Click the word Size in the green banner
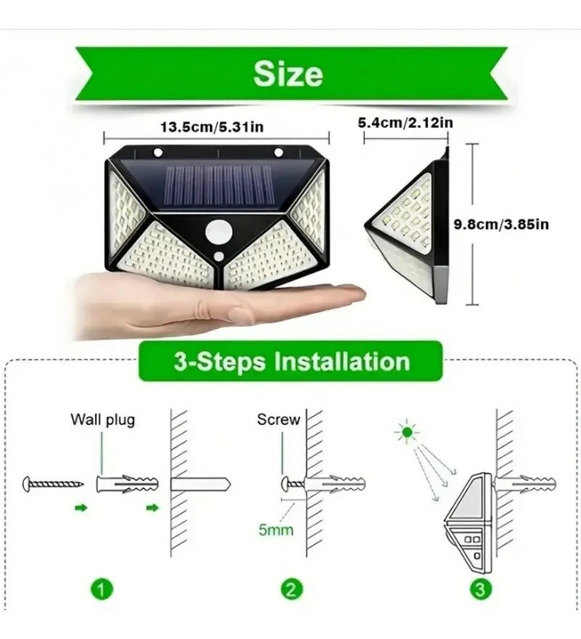288,73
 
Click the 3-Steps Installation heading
291,362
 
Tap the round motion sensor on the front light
217,233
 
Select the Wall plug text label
103,419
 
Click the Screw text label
279,419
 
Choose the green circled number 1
101,590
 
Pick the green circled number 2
290,590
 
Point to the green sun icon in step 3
407,434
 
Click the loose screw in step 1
53,484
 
